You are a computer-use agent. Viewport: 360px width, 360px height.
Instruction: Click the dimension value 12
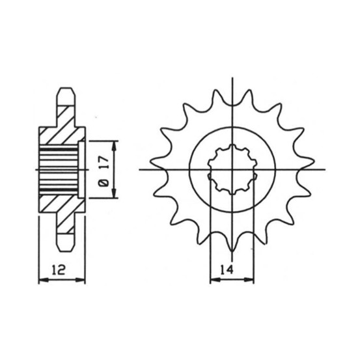(59, 270)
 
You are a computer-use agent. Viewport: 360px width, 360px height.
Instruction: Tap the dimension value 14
(227, 270)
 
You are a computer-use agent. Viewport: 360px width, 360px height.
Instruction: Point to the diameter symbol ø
(104, 183)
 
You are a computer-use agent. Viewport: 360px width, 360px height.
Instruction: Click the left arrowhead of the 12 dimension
(44, 280)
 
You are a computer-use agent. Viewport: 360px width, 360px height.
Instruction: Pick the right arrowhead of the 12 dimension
(80, 280)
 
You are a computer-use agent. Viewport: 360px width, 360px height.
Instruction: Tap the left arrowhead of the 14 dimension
(215, 280)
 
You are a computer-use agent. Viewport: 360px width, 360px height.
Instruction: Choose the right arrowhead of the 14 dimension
(249, 280)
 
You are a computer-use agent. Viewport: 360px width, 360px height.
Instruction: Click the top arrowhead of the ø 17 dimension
(114, 146)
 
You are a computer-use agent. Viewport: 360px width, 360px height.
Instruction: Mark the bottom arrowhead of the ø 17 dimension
(114, 193)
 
